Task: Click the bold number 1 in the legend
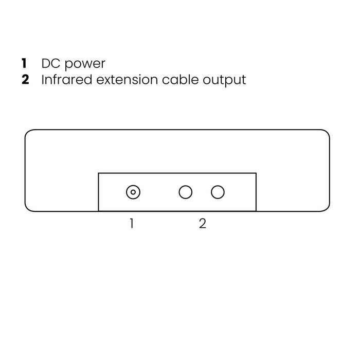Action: click(24, 63)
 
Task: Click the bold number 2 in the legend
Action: click(25, 79)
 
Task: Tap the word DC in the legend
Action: click(50, 63)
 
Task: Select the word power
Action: click(85, 64)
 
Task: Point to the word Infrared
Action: click(67, 79)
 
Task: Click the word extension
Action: click(127, 80)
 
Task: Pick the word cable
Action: click(181, 79)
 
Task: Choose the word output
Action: click(224, 81)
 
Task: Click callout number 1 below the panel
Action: click(132, 223)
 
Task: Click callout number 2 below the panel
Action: click(203, 223)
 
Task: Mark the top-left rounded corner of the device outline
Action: click(28, 133)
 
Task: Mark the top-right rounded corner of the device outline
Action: click(327, 133)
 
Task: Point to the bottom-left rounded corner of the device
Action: click(28, 208)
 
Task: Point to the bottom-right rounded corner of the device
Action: click(327, 208)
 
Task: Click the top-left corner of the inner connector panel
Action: click(99, 173)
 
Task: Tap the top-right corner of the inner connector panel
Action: click(256, 173)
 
